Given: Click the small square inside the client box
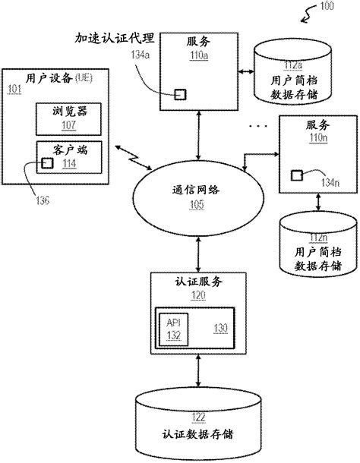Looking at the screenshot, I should (x=47, y=162).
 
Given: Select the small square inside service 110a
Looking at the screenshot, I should (x=181, y=94).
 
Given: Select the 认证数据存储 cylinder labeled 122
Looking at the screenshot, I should (x=197, y=422).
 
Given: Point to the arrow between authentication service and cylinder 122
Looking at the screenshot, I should (x=198, y=371).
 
